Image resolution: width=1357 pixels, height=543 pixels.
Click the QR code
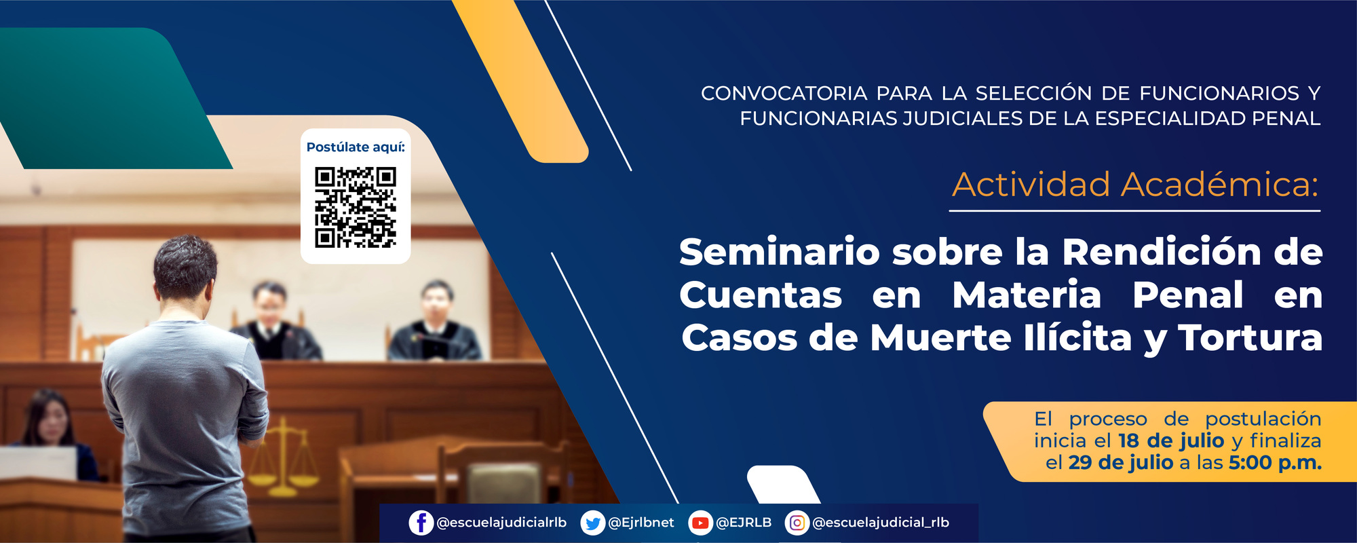click(x=355, y=207)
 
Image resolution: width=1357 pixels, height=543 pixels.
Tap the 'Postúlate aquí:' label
click(x=355, y=147)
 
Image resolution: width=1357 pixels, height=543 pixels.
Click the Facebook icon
click(x=421, y=523)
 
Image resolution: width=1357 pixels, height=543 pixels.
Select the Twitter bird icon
click(x=592, y=523)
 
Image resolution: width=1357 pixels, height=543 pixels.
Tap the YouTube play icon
click(x=700, y=523)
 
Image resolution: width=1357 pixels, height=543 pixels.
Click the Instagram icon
click(x=797, y=523)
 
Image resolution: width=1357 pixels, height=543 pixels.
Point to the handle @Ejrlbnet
click(x=641, y=523)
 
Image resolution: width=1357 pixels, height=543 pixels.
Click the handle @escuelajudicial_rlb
click(x=880, y=523)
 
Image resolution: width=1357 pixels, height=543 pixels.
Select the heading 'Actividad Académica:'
click(x=1135, y=185)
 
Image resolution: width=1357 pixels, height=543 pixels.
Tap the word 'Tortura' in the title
click(x=1250, y=338)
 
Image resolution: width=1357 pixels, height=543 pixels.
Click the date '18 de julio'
click(x=1170, y=441)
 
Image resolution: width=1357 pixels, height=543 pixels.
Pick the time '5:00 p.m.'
click(x=1275, y=463)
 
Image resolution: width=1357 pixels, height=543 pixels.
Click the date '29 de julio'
click(x=1120, y=463)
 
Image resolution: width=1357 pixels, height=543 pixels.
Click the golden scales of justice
click(x=284, y=458)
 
